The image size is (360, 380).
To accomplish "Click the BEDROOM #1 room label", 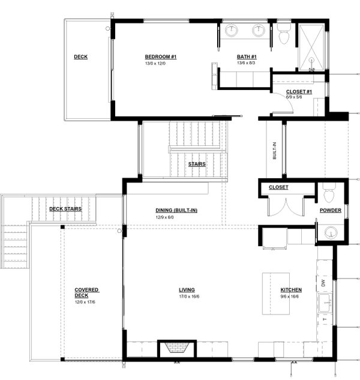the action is [x=161, y=56].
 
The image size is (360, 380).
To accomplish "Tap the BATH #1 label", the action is [x=247, y=56].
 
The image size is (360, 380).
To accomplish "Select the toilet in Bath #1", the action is [x=284, y=34].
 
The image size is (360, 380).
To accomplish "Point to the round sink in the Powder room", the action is [x=331, y=232].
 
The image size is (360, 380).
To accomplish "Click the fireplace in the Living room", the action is [x=177, y=349].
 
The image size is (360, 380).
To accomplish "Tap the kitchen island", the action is [x=276, y=294].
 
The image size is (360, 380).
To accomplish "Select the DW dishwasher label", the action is [x=323, y=283].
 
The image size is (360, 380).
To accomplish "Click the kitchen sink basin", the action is [x=325, y=303].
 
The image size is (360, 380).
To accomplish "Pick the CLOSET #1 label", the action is [x=299, y=92].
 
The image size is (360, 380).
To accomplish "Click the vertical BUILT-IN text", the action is [x=274, y=151].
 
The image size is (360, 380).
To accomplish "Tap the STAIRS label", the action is [x=197, y=164].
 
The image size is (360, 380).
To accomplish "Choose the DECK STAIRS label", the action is [x=65, y=209].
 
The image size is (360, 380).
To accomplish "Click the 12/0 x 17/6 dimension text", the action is [x=85, y=302].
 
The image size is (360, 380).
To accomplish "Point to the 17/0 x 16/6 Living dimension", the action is [x=189, y=296].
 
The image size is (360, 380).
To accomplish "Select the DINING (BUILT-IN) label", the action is [x=176, y=210].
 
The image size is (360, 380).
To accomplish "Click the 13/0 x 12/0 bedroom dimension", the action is [x=155, y=64].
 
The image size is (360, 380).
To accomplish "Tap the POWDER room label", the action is [x=331, y=210].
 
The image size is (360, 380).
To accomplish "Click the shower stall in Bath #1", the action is [x=312, y=47].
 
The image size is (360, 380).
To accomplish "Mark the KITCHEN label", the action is [x=291, y=290].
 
